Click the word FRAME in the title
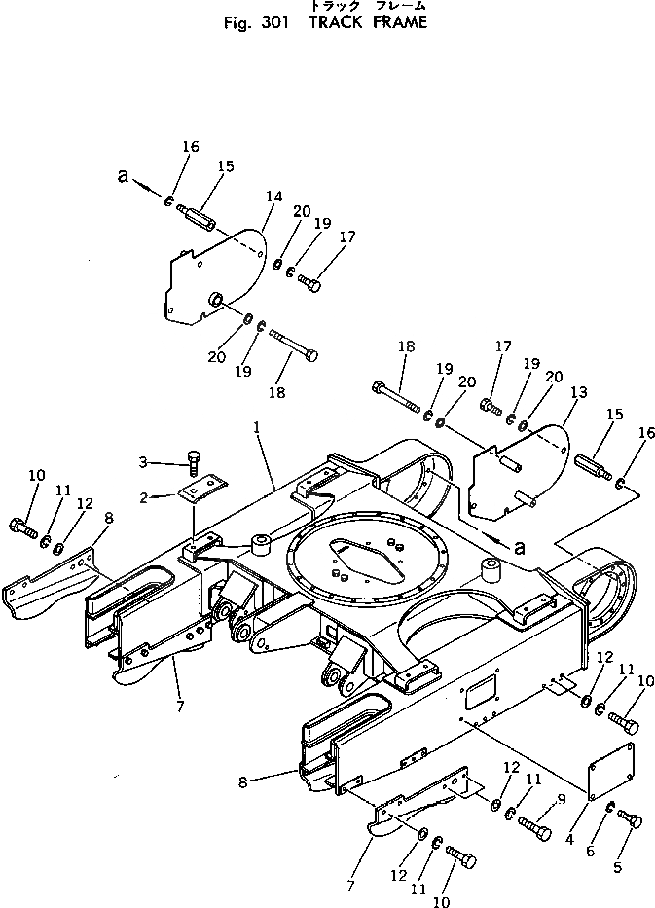coord(398,23)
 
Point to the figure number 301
coord(272,23)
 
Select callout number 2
coord(144,497)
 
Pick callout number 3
coord(143,460)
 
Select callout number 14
coord(273,197)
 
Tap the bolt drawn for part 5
coord(631,822)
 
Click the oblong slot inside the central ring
coord(362,555)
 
